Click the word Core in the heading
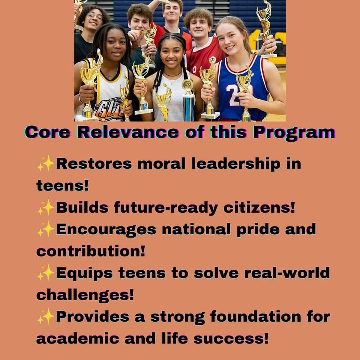coord(48,132)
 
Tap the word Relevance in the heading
coord(127,132)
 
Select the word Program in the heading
coord(294,133)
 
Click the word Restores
coord(94,164)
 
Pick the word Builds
coord(82,207)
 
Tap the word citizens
coord(259,207)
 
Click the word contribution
coord(91,251)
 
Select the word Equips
coord(84,273)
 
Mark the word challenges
coord(85,295)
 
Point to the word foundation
coord(255,316)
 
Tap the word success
coord(231,339)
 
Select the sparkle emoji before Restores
coord(46,163)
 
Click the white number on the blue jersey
coord(239,94)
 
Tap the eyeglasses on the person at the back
coord(95,16)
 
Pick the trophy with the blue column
coord(188,100)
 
